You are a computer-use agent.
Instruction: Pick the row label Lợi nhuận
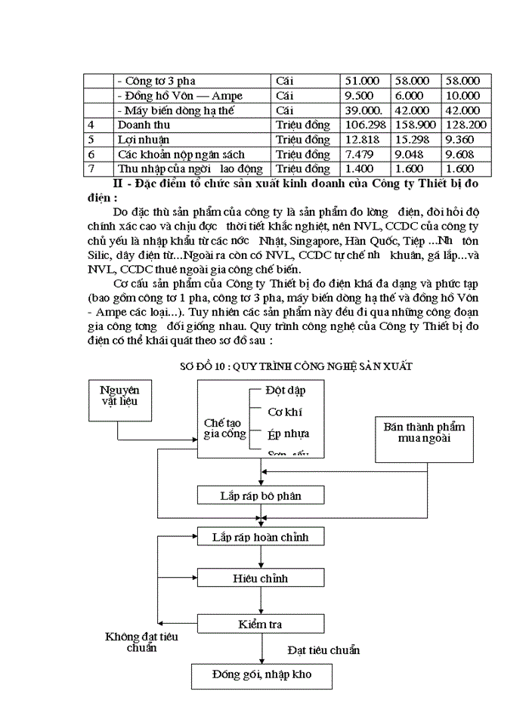coord(144,140)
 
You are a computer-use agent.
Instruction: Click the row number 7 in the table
coord(91,168)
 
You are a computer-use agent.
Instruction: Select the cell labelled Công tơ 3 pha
coord(153,81)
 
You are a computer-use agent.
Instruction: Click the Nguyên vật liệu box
coord(124,398)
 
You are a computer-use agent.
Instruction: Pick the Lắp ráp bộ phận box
coord(260,495)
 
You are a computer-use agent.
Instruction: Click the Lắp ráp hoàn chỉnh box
coord(260,537)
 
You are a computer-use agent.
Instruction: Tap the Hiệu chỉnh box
coord(260,578)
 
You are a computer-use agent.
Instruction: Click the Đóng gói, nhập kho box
coord(261,674)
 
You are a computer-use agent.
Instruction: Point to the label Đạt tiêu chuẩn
coord(323,649)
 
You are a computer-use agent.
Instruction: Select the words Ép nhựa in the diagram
coord(288,434)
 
